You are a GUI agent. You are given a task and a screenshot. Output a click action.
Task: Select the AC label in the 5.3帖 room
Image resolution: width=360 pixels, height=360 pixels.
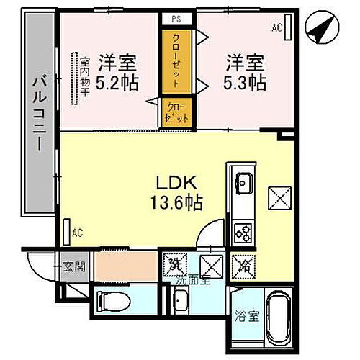pyautogui.click(x=276, y=29)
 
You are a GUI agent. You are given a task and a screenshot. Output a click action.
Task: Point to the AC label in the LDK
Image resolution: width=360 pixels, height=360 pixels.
pyautogui.click(x=78, y=232)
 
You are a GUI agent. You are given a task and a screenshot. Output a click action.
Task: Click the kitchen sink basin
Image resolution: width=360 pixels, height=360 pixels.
pyautogui.click(x=243, y=182)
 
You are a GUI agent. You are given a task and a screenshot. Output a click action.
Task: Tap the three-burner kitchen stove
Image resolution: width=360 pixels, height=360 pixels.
pyautogui.click(x=243, y=232)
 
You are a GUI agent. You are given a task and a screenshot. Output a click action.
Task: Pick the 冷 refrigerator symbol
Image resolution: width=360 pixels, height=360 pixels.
pyautogui.click(x=245, y=266)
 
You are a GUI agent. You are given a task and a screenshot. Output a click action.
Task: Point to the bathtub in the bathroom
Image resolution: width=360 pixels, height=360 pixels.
pyautogui.click(x=277, y=317)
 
